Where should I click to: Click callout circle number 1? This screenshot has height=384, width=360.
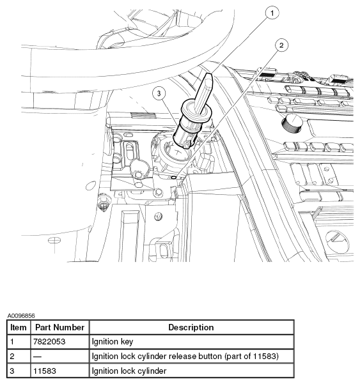point(272,13)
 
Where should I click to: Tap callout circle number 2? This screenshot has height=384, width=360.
point(281,45)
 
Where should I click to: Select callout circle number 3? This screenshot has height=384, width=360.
point(159,93)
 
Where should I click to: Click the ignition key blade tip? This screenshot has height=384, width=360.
point(209,75)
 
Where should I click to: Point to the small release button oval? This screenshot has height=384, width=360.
point(174,177)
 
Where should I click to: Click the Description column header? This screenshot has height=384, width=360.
point(191,327)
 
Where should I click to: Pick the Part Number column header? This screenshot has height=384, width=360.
point(60,327)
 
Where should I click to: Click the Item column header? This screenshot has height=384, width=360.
point(19,327)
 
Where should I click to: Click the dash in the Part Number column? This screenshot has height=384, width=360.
point(37,357)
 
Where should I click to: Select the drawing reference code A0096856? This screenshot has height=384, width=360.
point(21,316)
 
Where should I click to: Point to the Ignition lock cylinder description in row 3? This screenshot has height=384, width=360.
point(129,371)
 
